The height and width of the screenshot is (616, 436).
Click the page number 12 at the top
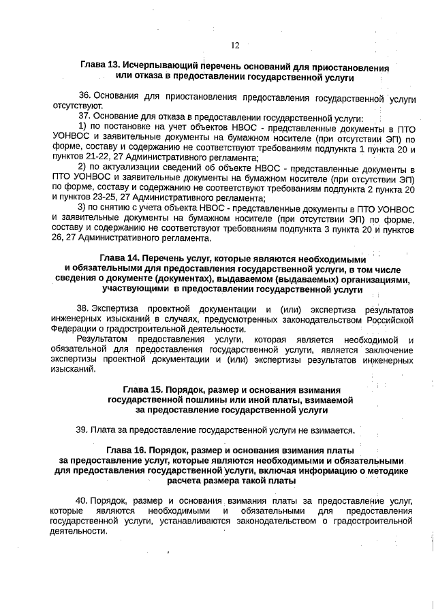[x=234, y=46]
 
